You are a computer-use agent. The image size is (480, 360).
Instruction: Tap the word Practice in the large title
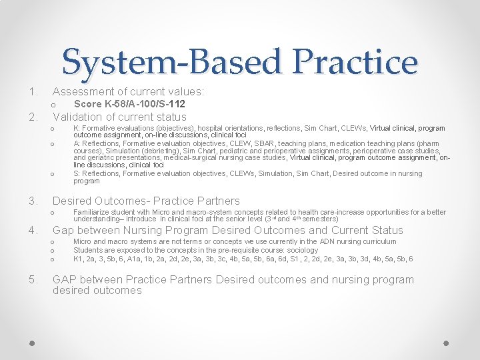[x=353, y=62]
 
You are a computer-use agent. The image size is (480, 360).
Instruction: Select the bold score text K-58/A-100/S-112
[x=129, y=104]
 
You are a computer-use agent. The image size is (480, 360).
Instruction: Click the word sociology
[x=303, y=250]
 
